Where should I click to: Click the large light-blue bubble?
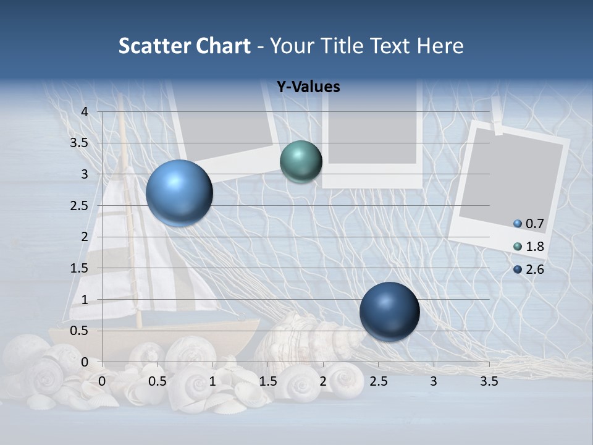(x=179, y=193)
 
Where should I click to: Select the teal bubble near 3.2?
(x=301, y=162)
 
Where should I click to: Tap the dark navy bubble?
(x=389, y=311)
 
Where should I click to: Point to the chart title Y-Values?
(x=308, y=87)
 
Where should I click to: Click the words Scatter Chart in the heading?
(x=184, y=46)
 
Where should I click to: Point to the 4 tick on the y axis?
(x=85, y=112)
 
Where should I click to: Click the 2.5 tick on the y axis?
(x=78, y=206)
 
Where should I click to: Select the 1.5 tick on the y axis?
(x=78, y=268)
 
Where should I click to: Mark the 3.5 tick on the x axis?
(x=489, y=381)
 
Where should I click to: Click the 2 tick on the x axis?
(x=322, y=381)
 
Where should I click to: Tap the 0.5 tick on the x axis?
(x=158, y=381)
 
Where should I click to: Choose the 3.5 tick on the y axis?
(x=78, y=143)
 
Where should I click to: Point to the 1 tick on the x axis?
(x=212, y=381)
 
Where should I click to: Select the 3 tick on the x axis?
(x=433, y=381)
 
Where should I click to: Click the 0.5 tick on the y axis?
(x=78, y=331)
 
